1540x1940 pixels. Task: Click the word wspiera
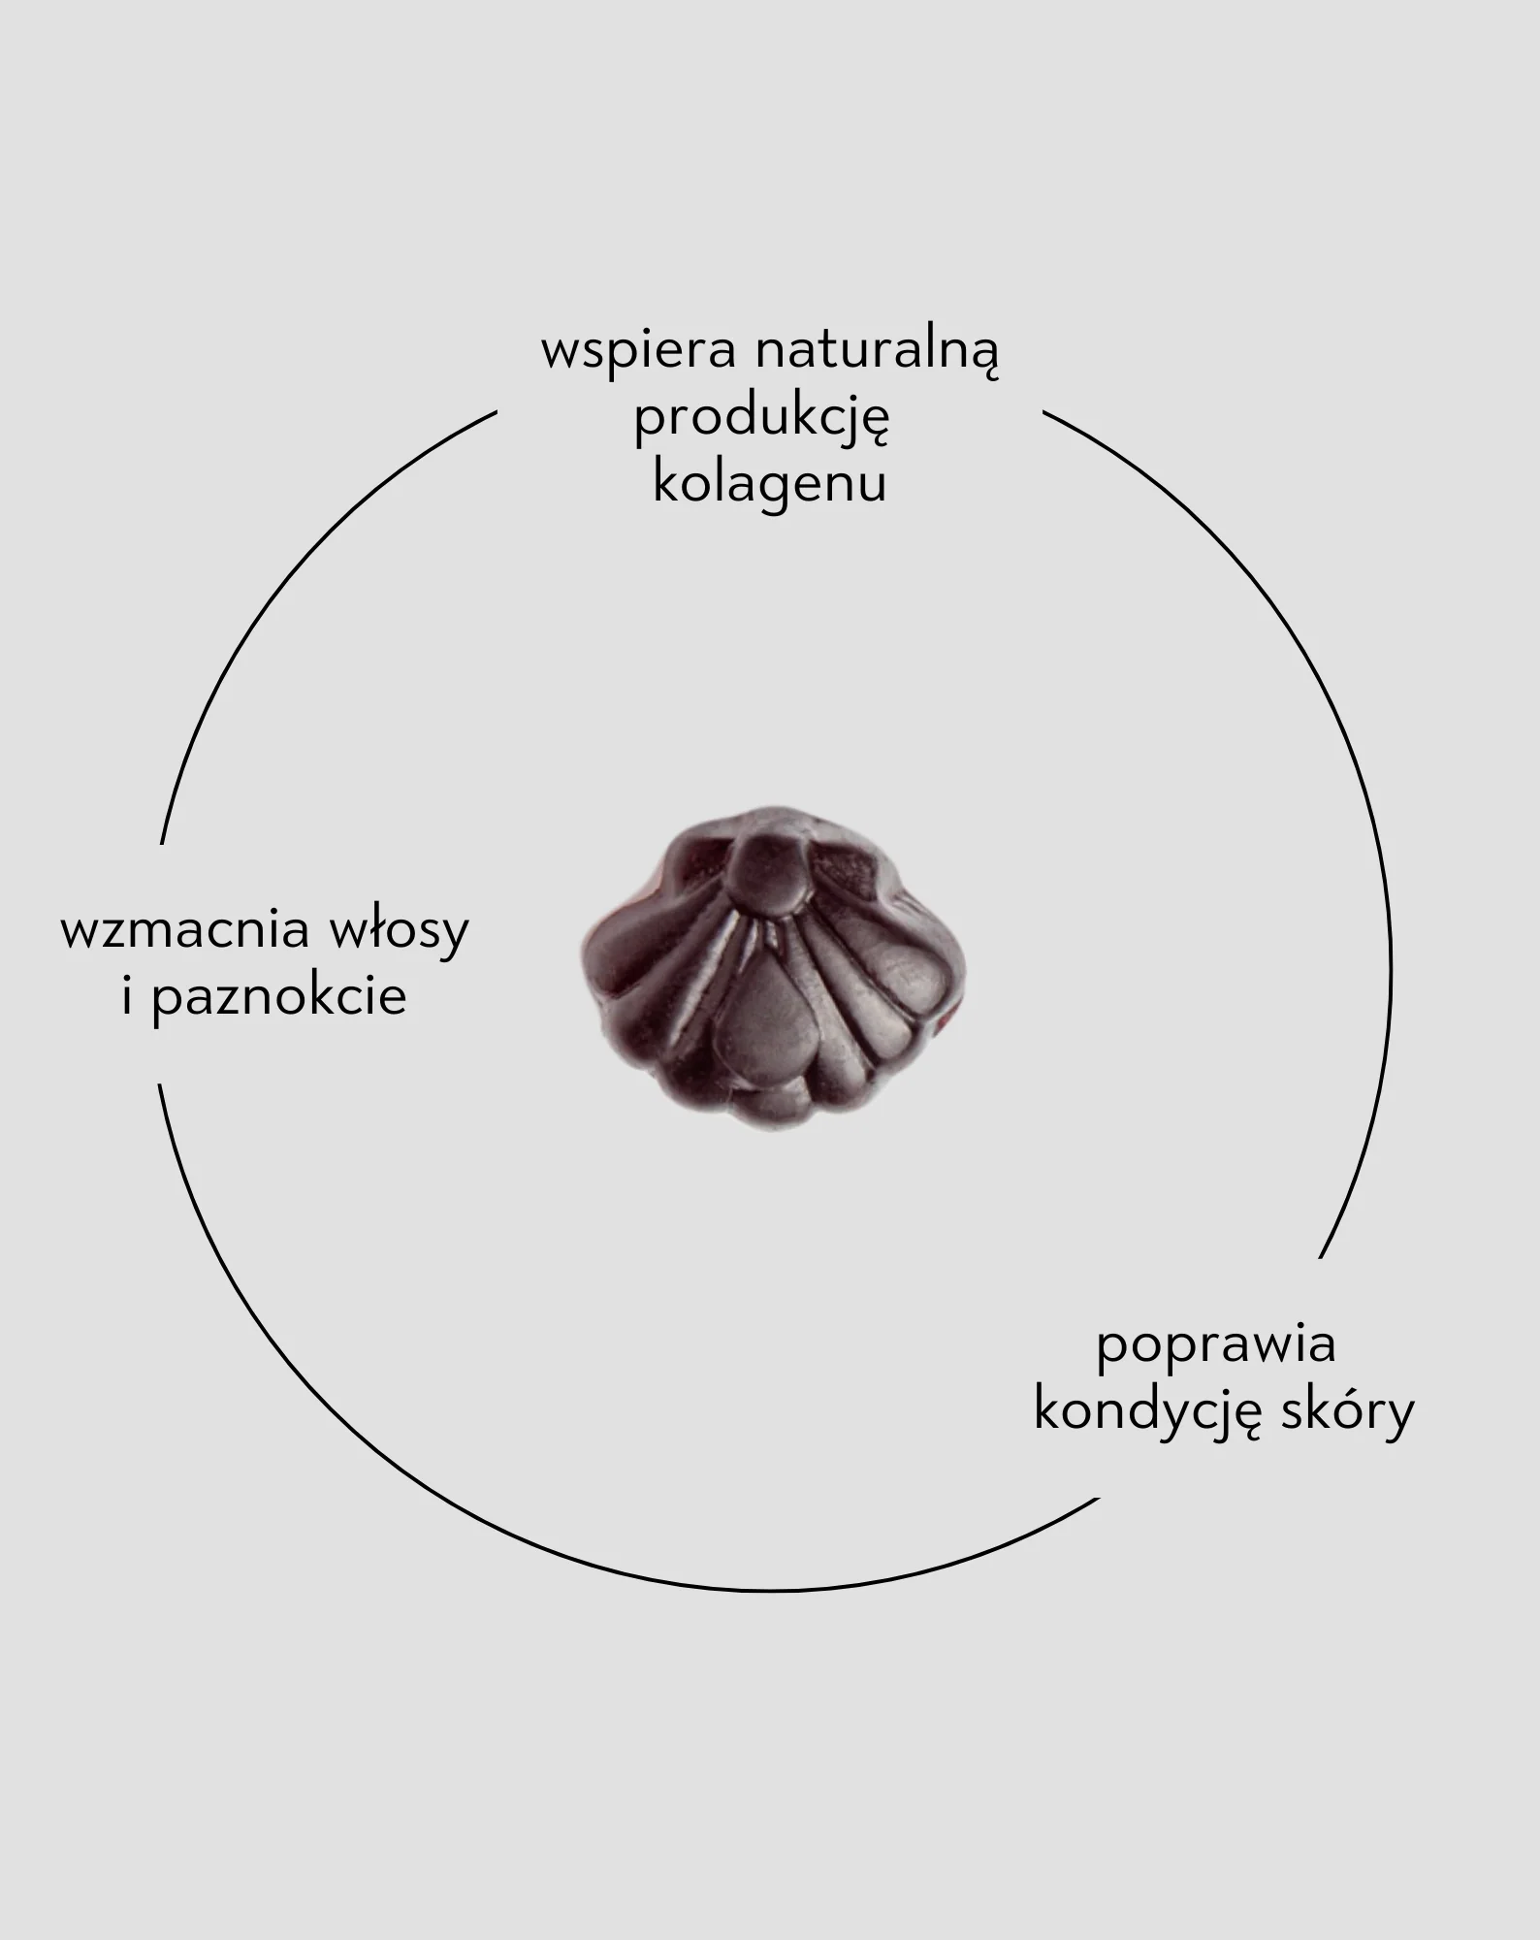(x=638, y=353)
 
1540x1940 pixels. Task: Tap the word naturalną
(x=877, y=352)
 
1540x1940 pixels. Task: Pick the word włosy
(x=400, y=930)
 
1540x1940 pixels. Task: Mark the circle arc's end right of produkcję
(x=1044, y=412)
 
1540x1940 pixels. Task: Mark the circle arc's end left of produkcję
(x=496, y=412)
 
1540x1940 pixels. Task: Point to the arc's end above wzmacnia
(x=162, y=843)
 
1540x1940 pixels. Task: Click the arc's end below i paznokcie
(x=160, y=1085)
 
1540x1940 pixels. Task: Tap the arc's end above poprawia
(x=1321, y=1257)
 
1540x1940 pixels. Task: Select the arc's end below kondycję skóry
(x=1099, y=1499)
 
